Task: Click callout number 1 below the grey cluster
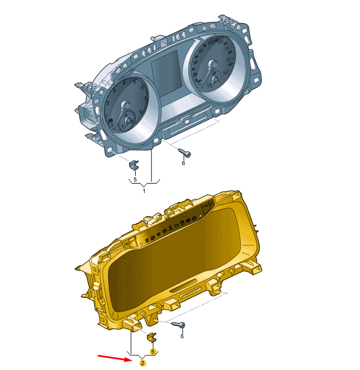(144, 191)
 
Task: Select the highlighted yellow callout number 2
(143, 363)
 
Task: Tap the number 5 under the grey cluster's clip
(135, 179)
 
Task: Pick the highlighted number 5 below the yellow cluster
(153, 351)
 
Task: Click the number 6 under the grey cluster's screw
(183, 163)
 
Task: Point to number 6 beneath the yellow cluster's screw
(181, 336)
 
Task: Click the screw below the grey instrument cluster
(184, 152)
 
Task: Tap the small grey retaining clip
(134, 165)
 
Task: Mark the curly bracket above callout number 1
(144, 182)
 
